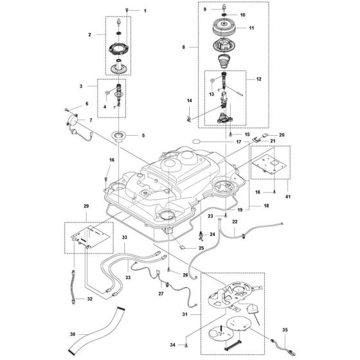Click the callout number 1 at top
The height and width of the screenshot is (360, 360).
point(145,12)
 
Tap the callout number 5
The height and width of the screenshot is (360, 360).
point(143,136)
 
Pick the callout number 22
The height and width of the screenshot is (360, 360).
point(235,222)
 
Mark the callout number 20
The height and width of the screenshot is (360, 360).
point(281,136)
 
